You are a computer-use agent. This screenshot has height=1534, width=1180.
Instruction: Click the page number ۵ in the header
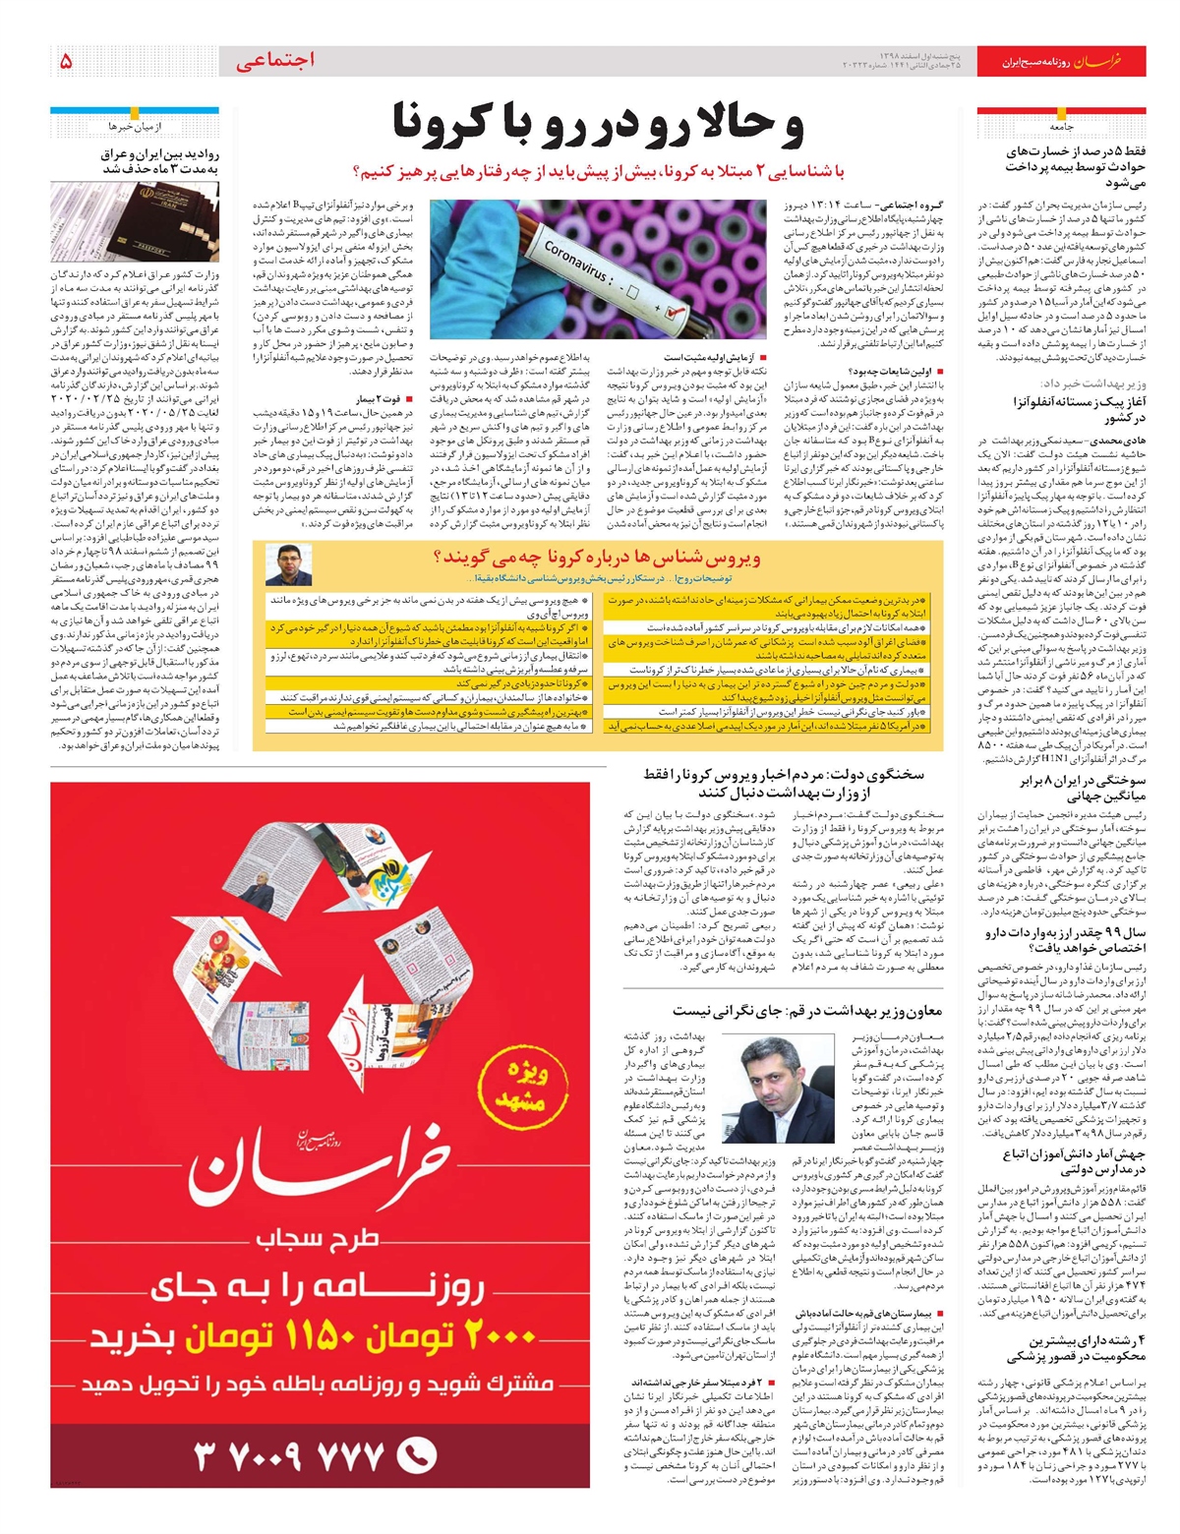66,61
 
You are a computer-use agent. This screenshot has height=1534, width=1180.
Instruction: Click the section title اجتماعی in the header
275,61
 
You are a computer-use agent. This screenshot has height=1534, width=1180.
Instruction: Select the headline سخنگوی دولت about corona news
784,783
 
